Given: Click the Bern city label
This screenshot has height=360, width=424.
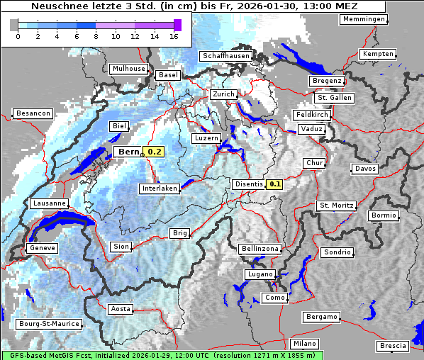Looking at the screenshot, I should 129,152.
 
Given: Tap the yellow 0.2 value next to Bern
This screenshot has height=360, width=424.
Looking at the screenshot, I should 155,152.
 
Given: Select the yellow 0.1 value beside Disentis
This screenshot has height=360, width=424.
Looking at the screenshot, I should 275,184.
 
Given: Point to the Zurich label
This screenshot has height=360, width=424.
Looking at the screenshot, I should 223,94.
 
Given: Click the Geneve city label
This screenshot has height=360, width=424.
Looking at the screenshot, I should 41,248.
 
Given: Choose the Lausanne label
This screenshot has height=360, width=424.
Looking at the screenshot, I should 50,203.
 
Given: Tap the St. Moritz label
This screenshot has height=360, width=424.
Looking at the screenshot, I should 335,206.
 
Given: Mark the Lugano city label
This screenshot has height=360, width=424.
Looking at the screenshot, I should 260,274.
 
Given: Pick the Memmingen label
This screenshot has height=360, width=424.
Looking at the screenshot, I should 364,19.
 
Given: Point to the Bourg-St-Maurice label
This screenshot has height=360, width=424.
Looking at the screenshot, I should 48,324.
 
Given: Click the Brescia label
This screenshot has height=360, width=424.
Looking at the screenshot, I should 393,346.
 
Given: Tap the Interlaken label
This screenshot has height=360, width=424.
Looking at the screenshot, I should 160,189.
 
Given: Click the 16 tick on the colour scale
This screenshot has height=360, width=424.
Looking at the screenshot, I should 174,35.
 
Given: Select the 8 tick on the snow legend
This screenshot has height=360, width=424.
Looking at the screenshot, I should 96,35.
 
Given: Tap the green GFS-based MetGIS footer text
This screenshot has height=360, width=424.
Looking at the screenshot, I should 162,355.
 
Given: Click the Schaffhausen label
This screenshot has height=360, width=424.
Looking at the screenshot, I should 225,56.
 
